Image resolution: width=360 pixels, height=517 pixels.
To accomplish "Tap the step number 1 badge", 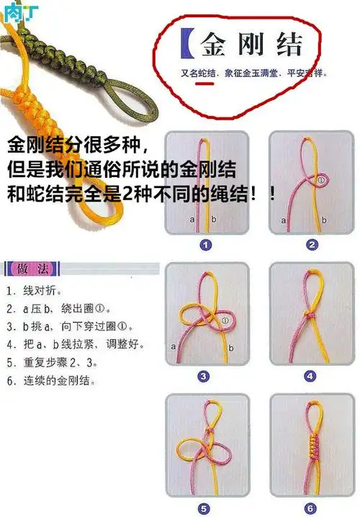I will tap(206, 245).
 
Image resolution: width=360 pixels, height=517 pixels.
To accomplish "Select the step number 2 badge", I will tap(312, 245).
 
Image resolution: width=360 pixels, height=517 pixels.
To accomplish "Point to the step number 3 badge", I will tap(204, 376).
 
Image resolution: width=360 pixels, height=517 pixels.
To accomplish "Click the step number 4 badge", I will tap(310, 376).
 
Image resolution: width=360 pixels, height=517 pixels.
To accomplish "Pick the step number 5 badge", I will tap(204, 506).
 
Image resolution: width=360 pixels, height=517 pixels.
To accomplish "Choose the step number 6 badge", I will tap(310, 506).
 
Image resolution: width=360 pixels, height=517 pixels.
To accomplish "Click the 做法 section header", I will tap(32, 269).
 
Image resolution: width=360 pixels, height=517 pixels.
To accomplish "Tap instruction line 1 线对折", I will tap(36, 292).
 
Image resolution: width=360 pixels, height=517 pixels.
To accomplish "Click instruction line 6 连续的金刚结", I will tap(53, 380).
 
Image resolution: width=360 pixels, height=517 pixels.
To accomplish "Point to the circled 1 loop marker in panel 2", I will tap(322, 180).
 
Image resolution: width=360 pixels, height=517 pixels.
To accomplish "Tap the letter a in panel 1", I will tap(192, 218).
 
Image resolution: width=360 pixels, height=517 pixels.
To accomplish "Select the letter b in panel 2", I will tap(324, 220).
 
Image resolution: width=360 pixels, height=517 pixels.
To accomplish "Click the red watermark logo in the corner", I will tap(12, 10).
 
